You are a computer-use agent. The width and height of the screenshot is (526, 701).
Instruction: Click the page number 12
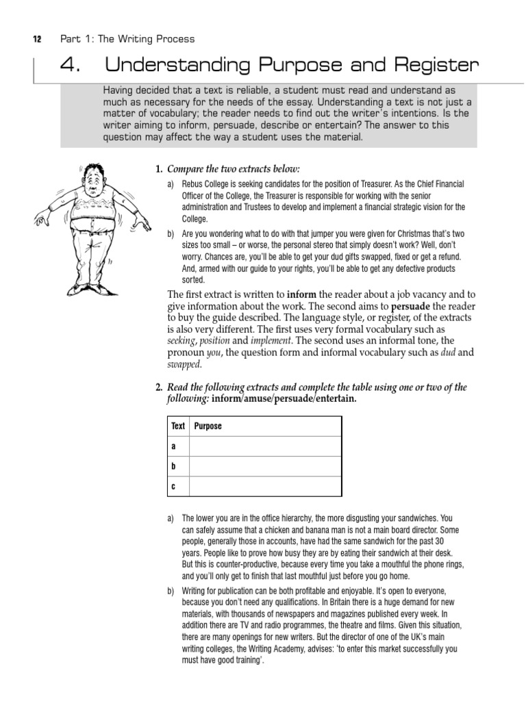[x=38, y=39]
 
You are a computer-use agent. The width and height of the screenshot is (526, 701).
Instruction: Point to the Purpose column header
[x=208, y=426]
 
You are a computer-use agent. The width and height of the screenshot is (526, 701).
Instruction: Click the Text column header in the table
[x=178, y=426]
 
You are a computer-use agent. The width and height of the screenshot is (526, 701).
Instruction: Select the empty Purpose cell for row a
[x=265, y=446]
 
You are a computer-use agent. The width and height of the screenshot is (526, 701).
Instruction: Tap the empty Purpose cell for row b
[x=265, y=466]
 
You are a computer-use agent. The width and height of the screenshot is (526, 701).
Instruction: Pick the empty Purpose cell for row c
[x=265, y=485]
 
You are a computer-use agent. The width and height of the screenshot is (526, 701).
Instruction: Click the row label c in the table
[x=174, y=485]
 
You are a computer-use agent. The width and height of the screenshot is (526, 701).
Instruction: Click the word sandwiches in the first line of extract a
[x=409, y=518]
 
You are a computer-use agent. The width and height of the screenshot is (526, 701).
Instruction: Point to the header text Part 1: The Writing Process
[x=127, y=39]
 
